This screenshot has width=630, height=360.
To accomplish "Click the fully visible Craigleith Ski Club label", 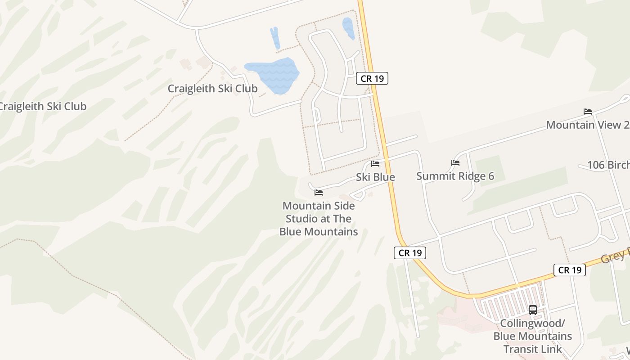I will pos(212,89).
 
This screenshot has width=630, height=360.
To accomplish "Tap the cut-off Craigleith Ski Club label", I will pos(42,107).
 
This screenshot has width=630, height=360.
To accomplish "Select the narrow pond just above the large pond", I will pos(275,38).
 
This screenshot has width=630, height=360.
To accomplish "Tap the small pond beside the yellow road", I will pos(348,28).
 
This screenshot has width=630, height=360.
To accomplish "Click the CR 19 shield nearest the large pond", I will pos(372,78).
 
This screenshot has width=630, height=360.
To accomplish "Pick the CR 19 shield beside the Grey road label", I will pos(570,270).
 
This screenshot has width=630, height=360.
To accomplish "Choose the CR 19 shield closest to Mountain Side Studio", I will pos(410,253).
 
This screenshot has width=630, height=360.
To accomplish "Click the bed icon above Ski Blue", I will pos(375,164).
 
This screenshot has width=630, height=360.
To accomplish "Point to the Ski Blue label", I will pos(375,177).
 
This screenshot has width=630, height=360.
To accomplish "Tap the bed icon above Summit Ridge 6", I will pos(455,163).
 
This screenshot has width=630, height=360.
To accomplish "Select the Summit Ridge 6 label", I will pos(455,176).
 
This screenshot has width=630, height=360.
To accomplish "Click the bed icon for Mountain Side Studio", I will pos(319,193).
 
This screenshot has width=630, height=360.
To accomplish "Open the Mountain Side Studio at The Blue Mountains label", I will pos(319,219).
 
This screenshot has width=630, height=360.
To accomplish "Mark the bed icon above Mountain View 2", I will pos(588,112).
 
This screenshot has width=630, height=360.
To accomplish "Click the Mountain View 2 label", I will pos(587,125).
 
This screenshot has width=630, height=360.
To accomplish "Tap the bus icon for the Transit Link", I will pos(533,310).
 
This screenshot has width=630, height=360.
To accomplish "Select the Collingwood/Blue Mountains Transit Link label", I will pos(533,336).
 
